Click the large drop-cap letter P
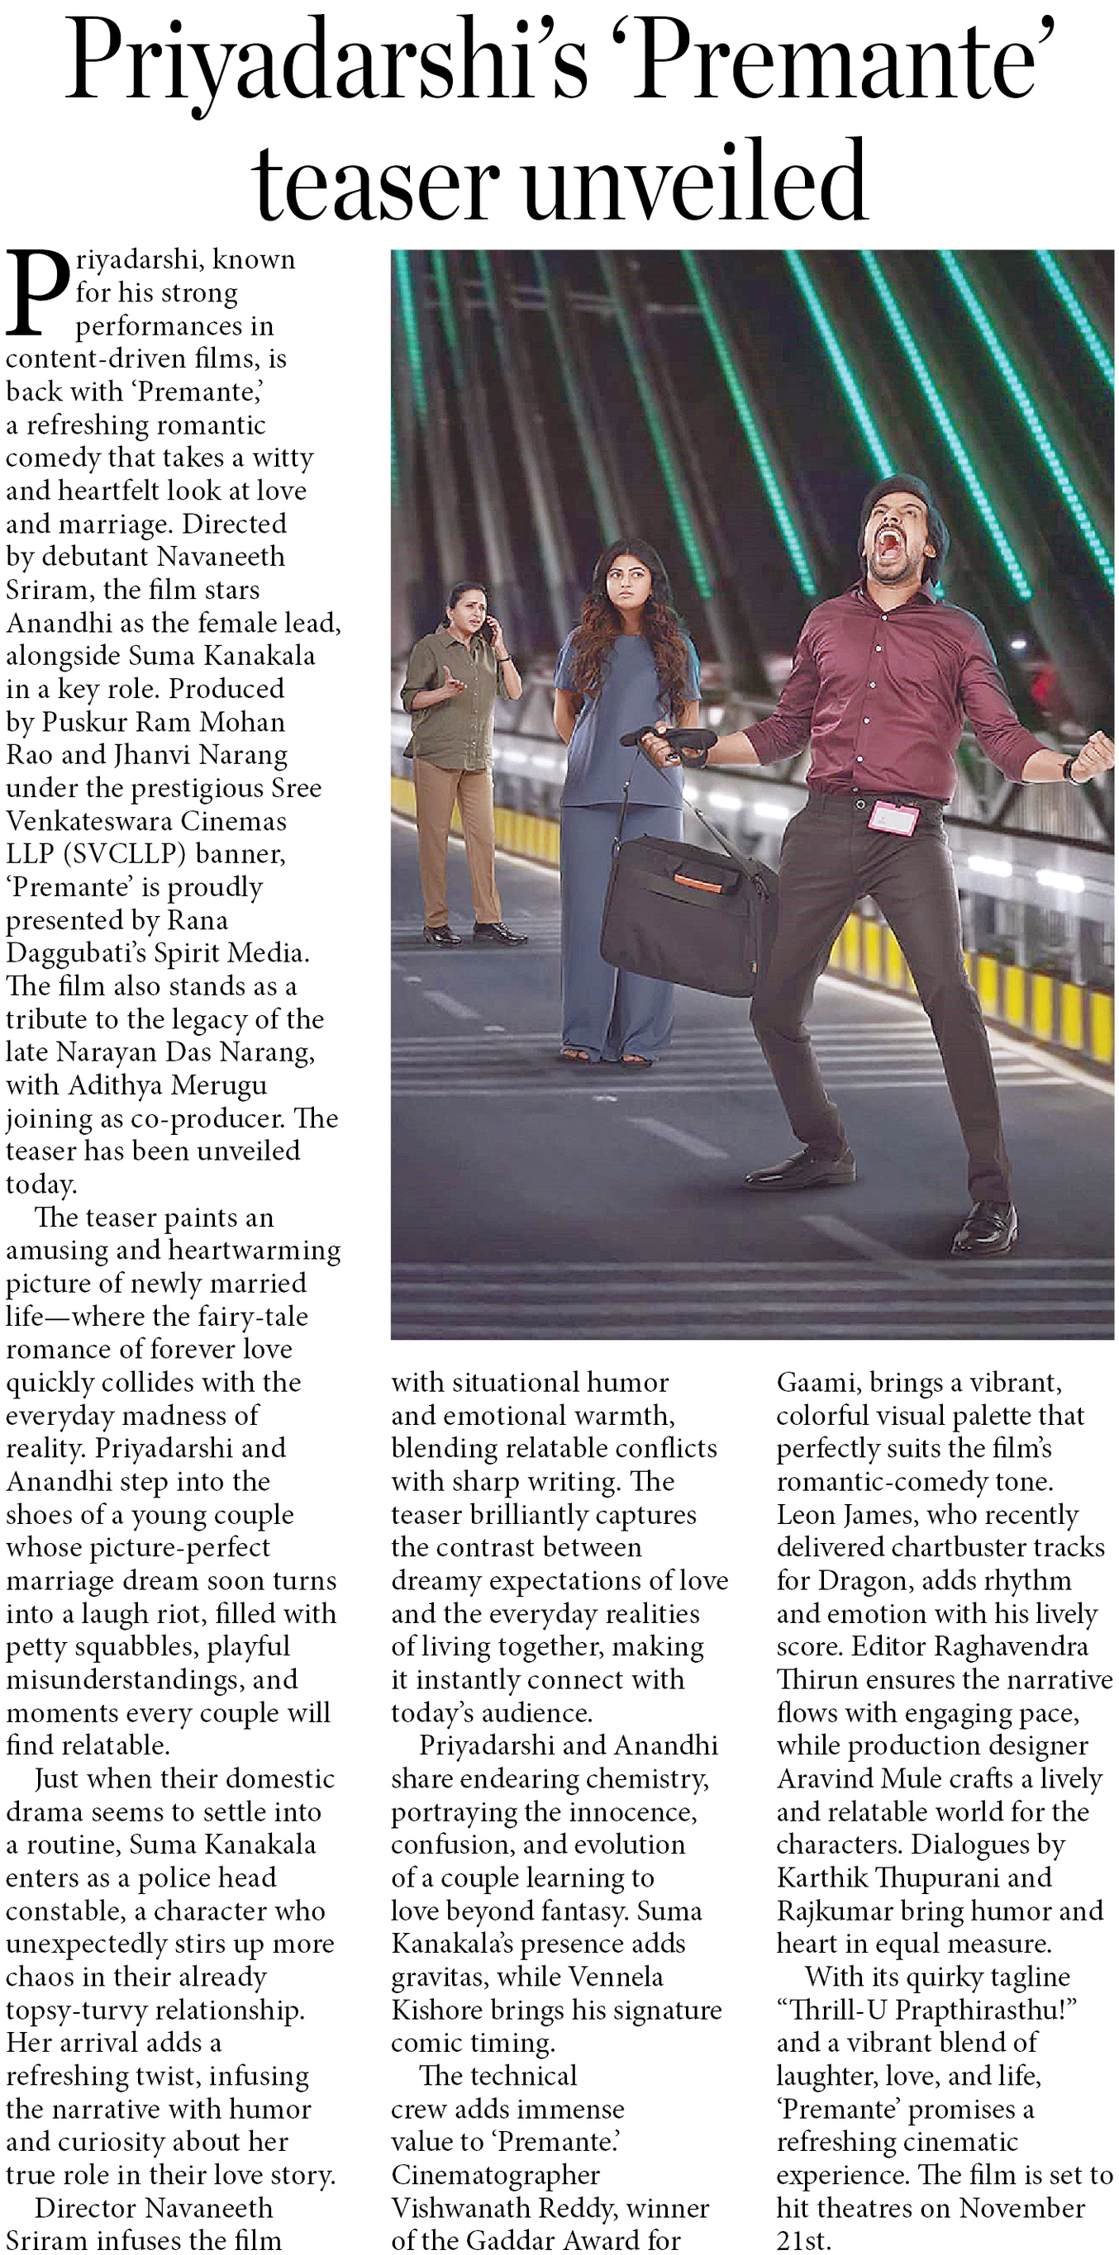pyautogui.click(x=36, y=294)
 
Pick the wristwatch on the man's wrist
pyautogui.click(x=1069, y=771)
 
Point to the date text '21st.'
pyautogui.click(x=804, y=2240)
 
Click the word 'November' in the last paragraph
pyautogui.click(x=1021, y=2208)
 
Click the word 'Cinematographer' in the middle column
pyautogui.click(x=496, y=2174)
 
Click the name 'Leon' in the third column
pyautogui.click(x=805, y=1515)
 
